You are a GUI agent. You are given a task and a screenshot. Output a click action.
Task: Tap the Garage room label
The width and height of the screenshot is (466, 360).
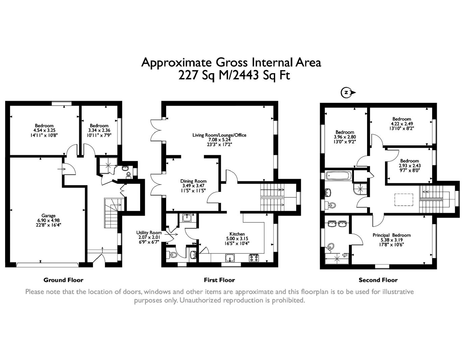48,216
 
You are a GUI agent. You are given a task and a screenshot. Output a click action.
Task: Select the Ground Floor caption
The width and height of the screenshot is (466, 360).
63,280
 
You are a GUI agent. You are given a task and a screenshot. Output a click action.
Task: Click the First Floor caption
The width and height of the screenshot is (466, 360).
219,280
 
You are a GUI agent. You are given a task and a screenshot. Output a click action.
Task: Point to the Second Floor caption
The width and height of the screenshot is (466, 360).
378,280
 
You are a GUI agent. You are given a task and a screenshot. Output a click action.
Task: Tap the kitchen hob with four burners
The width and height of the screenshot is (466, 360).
254,258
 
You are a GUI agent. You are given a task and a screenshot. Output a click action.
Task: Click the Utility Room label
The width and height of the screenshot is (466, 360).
149,233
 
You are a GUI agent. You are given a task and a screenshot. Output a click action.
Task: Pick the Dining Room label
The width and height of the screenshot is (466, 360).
193,181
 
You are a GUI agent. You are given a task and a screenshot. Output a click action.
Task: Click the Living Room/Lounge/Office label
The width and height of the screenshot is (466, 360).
219,135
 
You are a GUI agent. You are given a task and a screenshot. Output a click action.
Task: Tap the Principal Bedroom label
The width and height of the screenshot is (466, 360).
391,235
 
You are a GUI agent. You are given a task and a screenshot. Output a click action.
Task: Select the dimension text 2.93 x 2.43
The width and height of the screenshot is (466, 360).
410,166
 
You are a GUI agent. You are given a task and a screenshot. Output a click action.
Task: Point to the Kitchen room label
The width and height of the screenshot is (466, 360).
237,234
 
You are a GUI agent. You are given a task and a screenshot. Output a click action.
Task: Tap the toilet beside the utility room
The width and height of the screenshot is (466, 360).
172,255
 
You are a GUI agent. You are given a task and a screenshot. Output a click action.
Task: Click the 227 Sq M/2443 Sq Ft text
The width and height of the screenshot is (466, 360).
234,75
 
